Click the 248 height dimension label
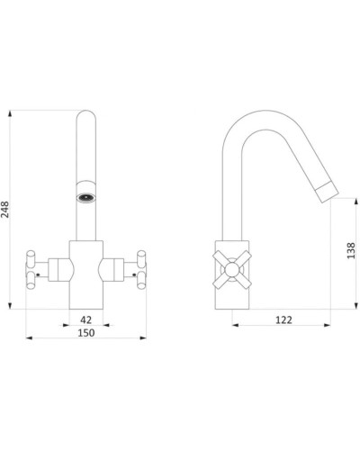click(5, 209)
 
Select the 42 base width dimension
click(85, 319)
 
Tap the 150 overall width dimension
click(86, 333)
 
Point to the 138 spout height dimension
click(351, 251)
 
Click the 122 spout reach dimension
click(283, 320)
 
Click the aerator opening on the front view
click(85, 198)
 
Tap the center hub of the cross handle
click(232, 269)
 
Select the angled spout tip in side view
click(328, 193)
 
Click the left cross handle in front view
click(31, 269)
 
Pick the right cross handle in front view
click(141, 269)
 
